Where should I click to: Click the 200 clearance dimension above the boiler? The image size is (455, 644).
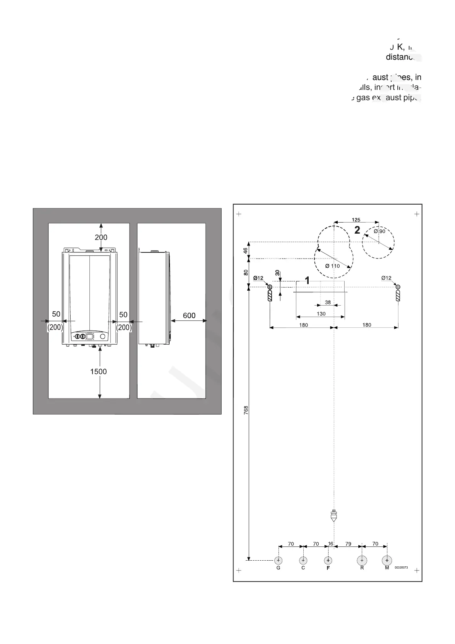pyautogui.click(x=101, y=237)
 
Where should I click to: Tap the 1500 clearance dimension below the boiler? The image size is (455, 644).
pyautogui.click(x=99, y=371)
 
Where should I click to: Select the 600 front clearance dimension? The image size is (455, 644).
pyautogui.click(x=189, y=315)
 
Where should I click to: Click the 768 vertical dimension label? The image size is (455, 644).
pyautogui.click(x=246, y=410)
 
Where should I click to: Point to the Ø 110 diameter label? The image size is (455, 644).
pyautogui.click(x=332, y=266)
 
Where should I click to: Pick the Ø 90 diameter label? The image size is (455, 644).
pyautogui.click(x=379, y=231)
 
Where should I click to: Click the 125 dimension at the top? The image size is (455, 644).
pyautogui.click(x=356, y=220)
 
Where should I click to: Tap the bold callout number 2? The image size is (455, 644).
pyautogui.click(x=357, y=230)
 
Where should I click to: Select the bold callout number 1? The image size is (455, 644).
pyautogui.click(x=307, y=281)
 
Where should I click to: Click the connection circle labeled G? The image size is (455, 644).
pyautogui.click(x=279, y=560)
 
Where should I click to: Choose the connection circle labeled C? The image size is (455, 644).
pyautogui.click(x=303, y=560)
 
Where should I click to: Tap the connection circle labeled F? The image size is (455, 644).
pyautogui.click(x=328, y=560)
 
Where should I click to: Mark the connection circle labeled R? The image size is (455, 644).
pyautogui.click(x=362, y=560)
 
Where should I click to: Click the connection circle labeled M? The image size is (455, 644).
pyautogui.click(x=387, y=560)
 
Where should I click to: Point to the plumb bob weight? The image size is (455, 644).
pyautogui.click(x=334, y=517)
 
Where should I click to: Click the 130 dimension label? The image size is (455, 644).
pyautogui.click(x=321, y=314)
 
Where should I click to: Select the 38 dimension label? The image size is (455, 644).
pyautogui.click(x=328, y=302)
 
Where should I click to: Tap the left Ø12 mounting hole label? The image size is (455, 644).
pyautogui.click(x=258, y=278)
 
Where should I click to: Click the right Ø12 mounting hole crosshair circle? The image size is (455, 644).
pyautogui.click(x=398, y=287)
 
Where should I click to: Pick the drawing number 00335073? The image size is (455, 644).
pyautogui.click(x=401, y=568)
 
